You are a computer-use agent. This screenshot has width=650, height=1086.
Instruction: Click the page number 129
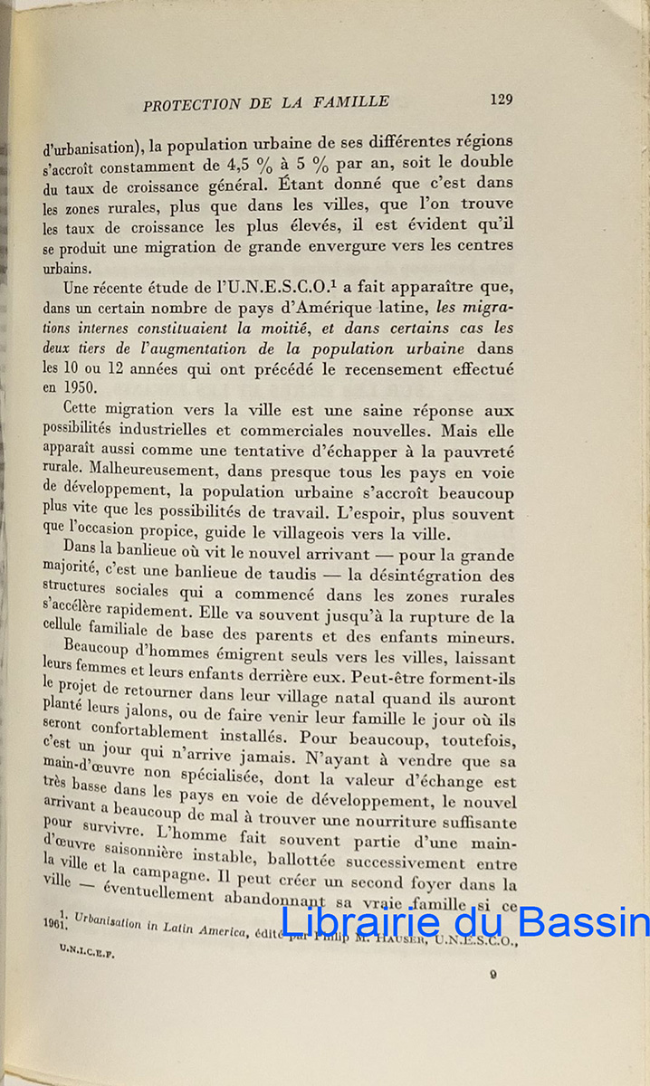pyautogui.click(x=501, y=100)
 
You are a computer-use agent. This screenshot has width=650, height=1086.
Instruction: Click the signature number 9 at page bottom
pyautogui.click(x=493, y=975)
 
